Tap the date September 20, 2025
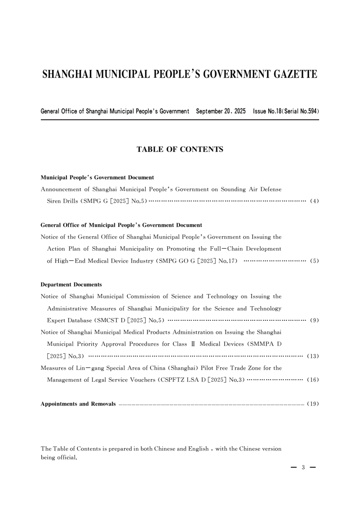coord(220,111)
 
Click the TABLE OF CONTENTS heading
coord(180,149)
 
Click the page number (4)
coord(314,201)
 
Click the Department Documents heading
coord(71,284)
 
